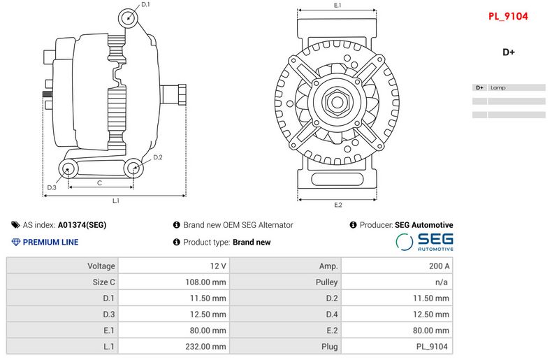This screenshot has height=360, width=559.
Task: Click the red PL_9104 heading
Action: pos(508,15)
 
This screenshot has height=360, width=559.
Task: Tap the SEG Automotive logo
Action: pos(425,242)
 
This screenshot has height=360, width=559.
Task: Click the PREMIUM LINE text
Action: pos(50,243)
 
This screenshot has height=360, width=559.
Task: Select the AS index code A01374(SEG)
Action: pos(82,225)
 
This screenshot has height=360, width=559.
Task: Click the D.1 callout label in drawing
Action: pos(145,5)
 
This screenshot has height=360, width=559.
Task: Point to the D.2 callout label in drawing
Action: pos(158,157)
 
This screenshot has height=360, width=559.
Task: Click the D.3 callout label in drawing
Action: pos(52,187)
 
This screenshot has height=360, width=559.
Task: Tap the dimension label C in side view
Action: pos(99,182)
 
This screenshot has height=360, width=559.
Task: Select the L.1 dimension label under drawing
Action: pos(116,201)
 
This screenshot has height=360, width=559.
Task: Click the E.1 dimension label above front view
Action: pos(337,6)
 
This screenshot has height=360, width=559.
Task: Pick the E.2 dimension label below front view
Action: pos(337,205)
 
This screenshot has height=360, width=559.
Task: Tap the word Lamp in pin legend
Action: pos(498,88)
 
